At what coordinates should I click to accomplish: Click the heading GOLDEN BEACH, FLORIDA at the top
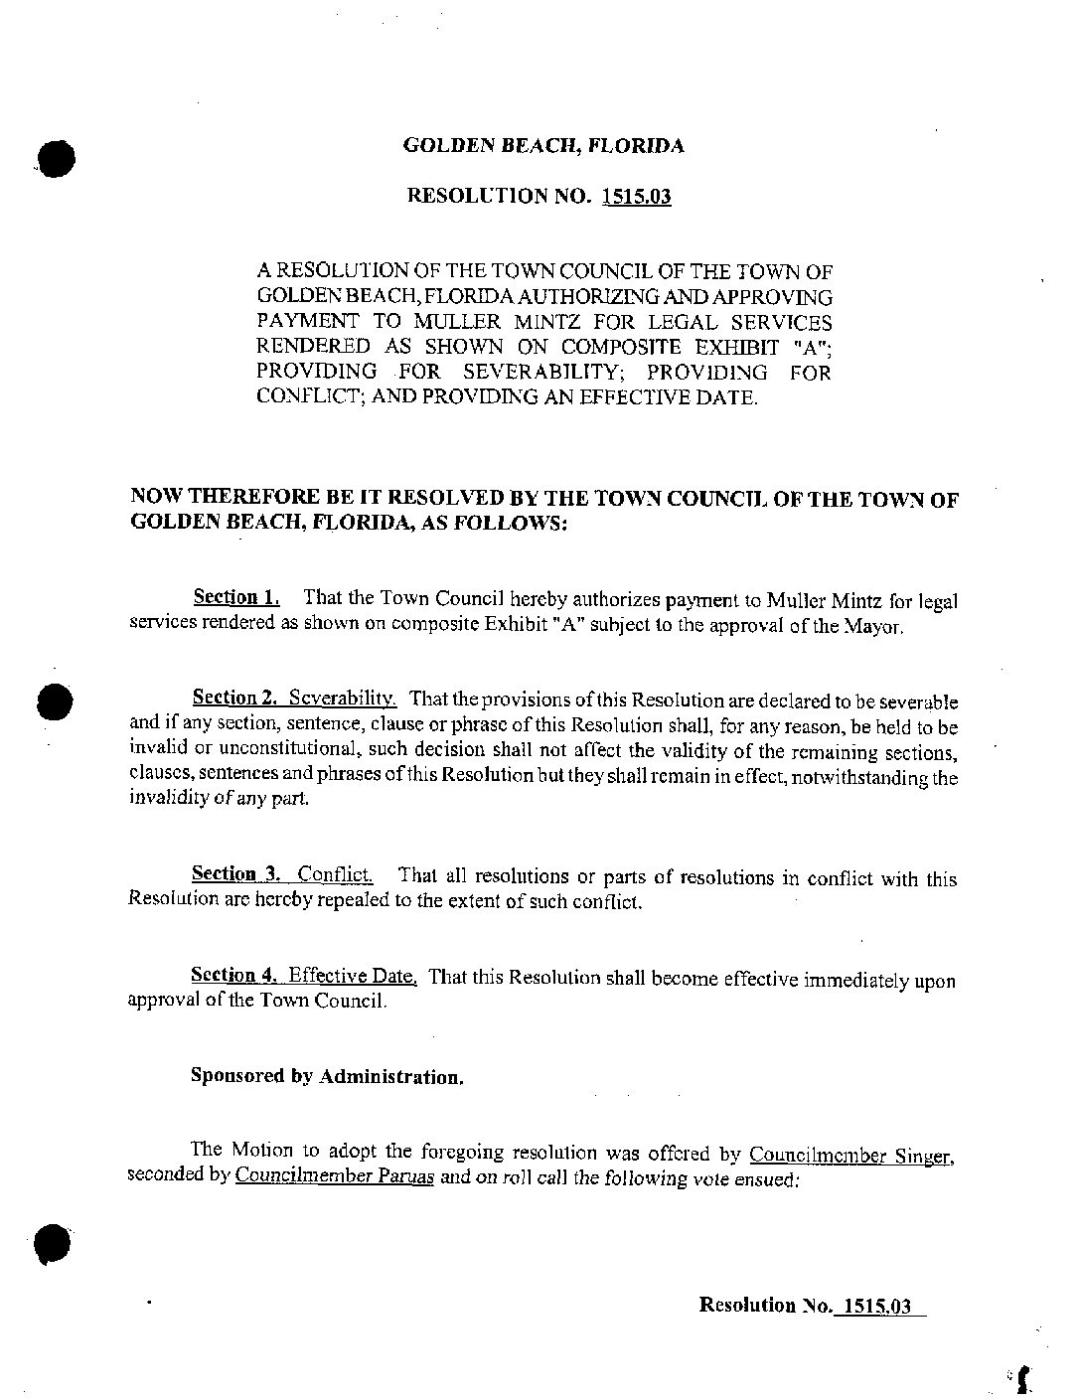coord(543,146)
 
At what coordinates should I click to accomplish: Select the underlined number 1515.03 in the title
coord(636,196)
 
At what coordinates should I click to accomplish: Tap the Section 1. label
coord(236,597)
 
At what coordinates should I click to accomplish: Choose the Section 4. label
coord(233,975)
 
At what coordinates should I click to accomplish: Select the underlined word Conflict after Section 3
coord(336,875)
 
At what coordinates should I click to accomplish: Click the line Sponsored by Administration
coord(327,1077)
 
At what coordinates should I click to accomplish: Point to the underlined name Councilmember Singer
coord(851,1156)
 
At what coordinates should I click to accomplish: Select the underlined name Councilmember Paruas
coord(335,1178)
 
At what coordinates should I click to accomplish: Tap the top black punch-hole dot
coord(57,157)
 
